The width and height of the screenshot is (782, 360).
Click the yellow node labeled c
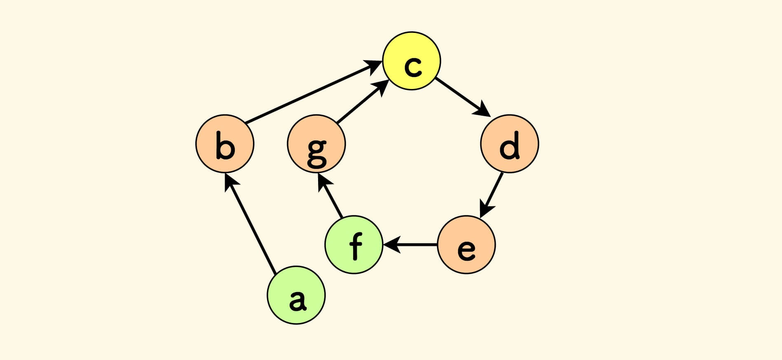[412, 61]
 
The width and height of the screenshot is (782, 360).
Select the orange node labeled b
[225, 144]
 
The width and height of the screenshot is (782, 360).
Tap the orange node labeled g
[316, 144]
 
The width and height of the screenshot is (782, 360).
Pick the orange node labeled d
[510, 144]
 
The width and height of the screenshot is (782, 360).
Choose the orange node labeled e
[466, 245]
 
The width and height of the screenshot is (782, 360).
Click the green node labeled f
[354, 245]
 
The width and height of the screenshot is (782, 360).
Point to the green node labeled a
[296, 295]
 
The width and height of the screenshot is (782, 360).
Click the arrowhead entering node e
[485, 208]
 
